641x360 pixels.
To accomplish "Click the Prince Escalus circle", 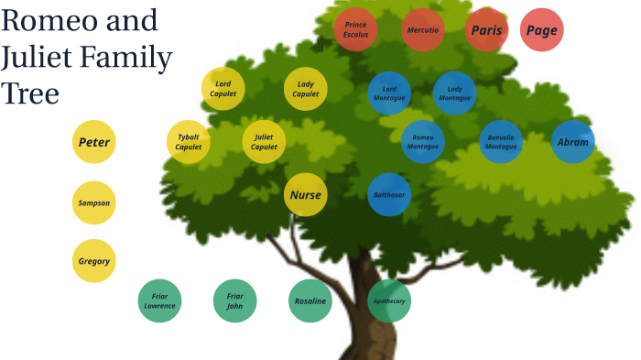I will [355, 30].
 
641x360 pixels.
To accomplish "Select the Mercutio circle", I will [422, 30].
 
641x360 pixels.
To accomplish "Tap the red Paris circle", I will [486, 30].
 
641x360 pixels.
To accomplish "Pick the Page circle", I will [541, 30].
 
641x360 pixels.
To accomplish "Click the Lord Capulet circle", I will [223, 89].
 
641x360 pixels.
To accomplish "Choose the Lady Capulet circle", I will [305, 89].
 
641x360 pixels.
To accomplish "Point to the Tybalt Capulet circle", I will [188, 142].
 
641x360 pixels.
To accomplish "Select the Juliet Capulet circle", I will [264, 142].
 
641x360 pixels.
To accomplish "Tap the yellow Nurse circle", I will [305, 194].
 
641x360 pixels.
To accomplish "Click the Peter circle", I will [93, 142].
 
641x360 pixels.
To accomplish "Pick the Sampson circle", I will [93, 202].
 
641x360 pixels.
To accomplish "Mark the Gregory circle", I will [93, 261].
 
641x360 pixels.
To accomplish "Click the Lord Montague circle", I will [388, 93].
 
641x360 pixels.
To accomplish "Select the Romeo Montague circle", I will [422, 142].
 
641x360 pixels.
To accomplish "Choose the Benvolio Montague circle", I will [500, 142].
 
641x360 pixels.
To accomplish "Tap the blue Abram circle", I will [572, 142].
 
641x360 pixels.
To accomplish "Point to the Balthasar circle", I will [388, 194].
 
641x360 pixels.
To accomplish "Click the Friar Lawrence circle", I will [159, 300].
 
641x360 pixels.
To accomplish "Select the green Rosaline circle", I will [309, 300].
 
